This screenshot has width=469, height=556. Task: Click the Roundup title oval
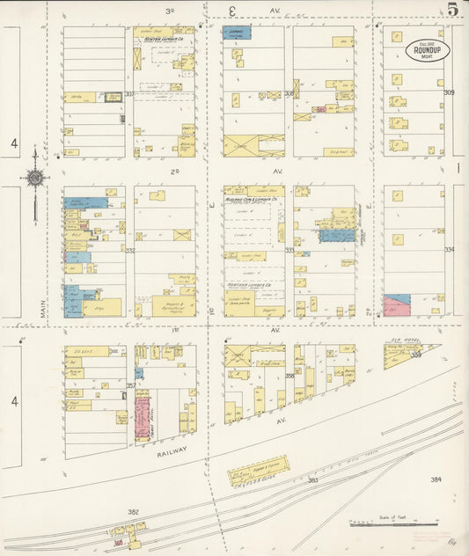428,50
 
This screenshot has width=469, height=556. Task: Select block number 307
129,93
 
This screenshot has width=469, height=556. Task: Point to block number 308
289,92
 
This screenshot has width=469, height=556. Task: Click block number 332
129,251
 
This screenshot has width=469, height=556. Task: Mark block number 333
289,251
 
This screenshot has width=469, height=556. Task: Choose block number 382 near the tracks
133,511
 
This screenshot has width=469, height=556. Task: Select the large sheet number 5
451,10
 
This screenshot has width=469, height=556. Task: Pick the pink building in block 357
143,415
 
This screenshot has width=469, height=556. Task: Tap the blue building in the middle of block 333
337,235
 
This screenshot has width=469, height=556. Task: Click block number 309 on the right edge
449,92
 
